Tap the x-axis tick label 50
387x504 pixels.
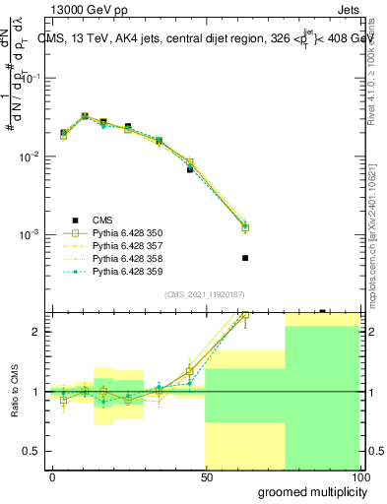point(206,476)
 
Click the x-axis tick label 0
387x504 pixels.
point(52,476)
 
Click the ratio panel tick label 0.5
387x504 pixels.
point(31,451)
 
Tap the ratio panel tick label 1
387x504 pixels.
point(35,392)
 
